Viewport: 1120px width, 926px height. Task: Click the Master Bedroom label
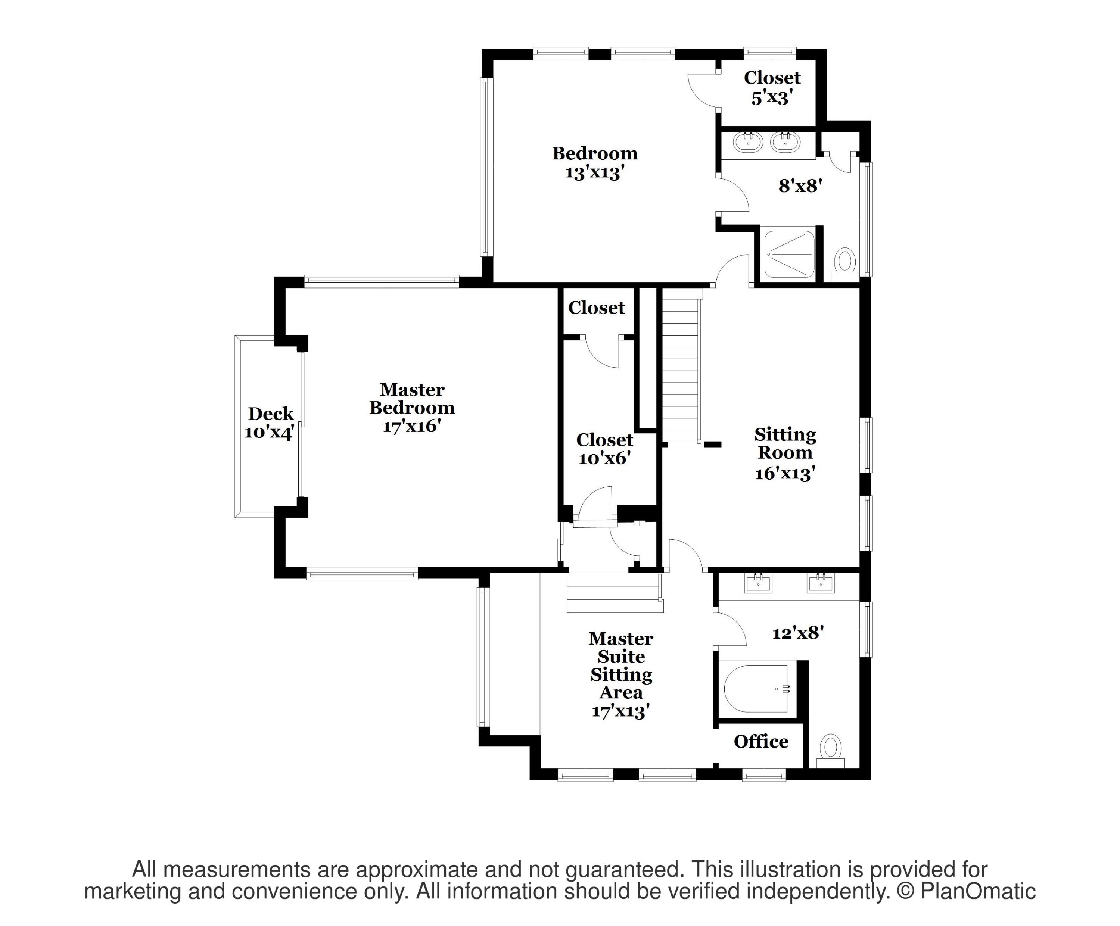pos(412,399)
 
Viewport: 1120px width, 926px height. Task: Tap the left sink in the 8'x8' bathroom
pos(748,142)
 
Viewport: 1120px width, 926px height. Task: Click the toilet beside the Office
pos(830,748)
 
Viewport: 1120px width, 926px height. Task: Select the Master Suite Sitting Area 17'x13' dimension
pos(620,711)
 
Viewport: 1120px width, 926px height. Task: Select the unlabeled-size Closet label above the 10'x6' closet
pos(596,308)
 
